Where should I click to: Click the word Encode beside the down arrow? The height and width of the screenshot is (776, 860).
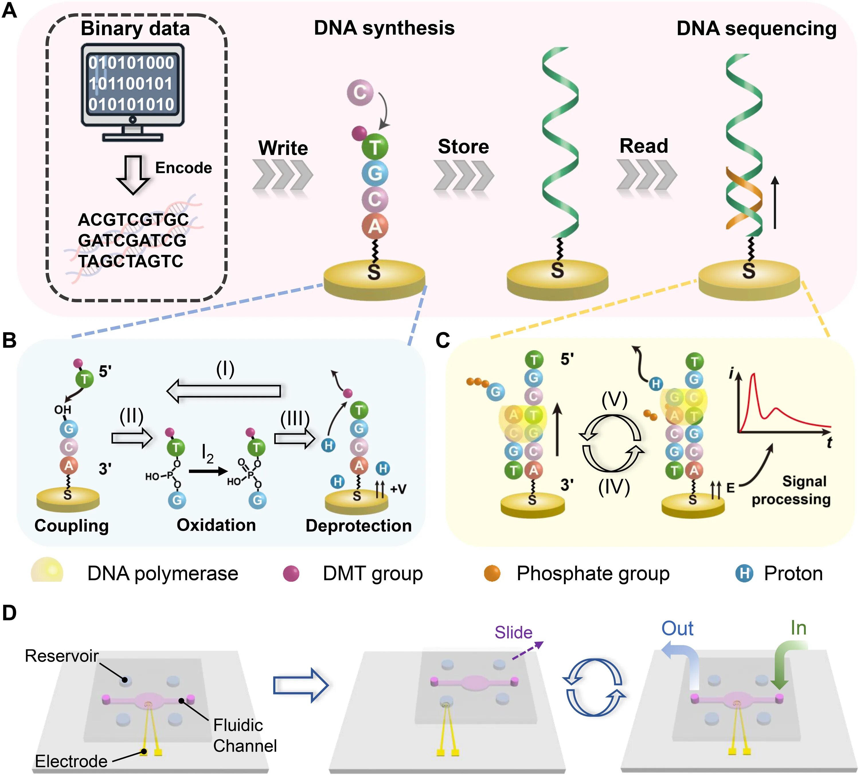[183, 168]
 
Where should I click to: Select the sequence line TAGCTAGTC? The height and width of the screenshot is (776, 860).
[130, 261]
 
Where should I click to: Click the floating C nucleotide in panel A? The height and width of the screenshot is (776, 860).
[359, 92]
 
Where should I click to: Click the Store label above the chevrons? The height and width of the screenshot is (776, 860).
[463, 147]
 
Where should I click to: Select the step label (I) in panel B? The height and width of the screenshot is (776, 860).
[225, 369]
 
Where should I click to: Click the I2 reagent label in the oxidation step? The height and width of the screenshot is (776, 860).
[207, 454]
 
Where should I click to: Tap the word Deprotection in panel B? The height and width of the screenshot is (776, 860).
[358, 526]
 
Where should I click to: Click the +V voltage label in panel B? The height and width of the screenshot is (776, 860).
[398, 489]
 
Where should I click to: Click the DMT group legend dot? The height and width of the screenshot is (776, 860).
[291, 573]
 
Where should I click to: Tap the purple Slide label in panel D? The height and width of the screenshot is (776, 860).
[513, 632]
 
